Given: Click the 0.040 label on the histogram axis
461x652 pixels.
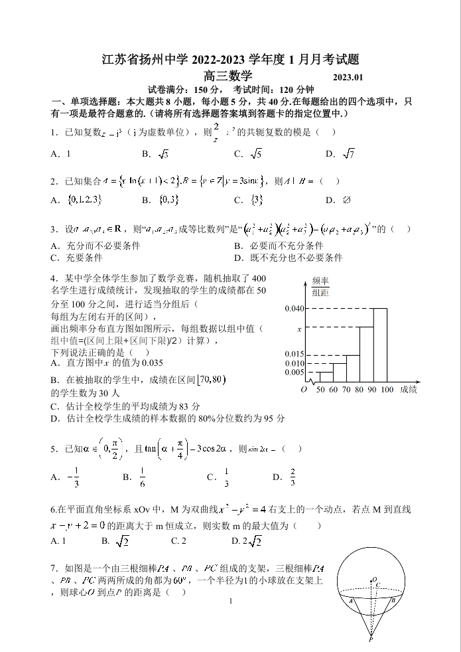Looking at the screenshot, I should tap(294, 309).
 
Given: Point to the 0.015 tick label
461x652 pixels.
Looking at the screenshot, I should tap(294, 354).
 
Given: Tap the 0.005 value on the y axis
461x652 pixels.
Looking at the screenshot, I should tap(294, 372).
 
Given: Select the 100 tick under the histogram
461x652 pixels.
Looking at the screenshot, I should tap(387, 390).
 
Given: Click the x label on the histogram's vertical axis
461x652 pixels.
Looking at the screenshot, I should tap(299, 329).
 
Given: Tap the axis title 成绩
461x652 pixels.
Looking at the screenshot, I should tap(409, 390).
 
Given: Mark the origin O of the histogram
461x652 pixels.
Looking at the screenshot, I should tap(303, 390).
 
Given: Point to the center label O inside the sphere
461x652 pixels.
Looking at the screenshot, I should tap(374, 579).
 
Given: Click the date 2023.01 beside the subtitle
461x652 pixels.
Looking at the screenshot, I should tap(348, 78).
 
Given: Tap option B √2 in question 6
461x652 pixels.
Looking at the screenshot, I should tap(116, 541).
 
